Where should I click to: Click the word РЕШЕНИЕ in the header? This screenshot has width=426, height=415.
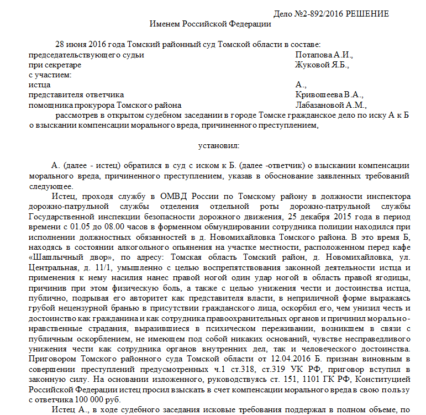click(367, 14)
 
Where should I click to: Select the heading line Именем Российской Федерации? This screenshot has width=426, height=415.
click(211, 24)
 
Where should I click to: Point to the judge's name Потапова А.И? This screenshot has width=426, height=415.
click(324, 55)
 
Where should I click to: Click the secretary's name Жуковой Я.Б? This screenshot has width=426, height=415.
click(322, 65)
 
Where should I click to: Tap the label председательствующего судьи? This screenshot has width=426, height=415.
click(86, 55)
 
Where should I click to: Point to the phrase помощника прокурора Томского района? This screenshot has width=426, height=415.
click(104, 105)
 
